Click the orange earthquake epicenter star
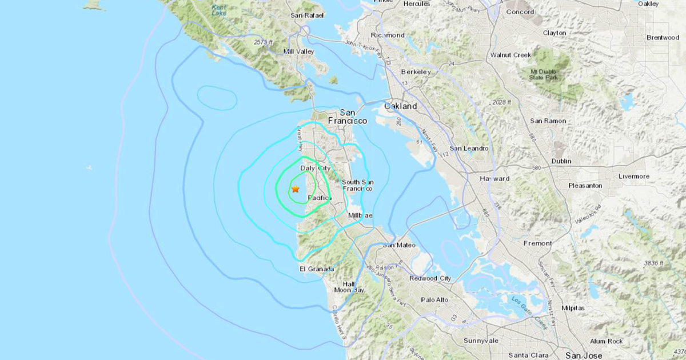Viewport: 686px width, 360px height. point(296,189)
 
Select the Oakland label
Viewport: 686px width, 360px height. point(400,106)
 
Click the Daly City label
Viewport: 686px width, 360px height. point(315,168)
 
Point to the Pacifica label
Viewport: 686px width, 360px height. point(319,198)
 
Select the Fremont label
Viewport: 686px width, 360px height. point(538,243)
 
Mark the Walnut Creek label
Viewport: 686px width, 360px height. point(510,55)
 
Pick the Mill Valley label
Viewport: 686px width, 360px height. point(299,51)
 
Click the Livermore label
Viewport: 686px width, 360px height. point(634,177)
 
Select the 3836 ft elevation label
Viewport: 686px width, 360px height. point(653,263)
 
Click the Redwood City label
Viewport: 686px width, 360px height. point(430,278)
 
